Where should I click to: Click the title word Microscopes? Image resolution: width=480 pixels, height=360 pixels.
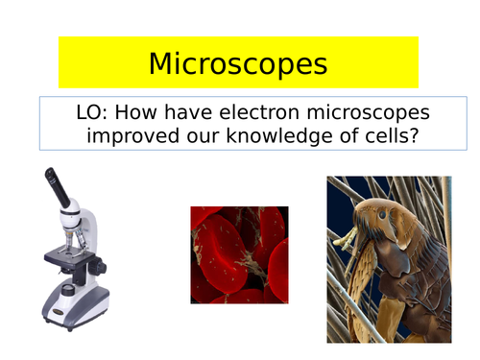coord(238,64)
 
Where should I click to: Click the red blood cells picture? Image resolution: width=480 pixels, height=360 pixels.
coord(238,254)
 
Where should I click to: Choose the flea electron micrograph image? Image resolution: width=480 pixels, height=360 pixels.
coord(389,259)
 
